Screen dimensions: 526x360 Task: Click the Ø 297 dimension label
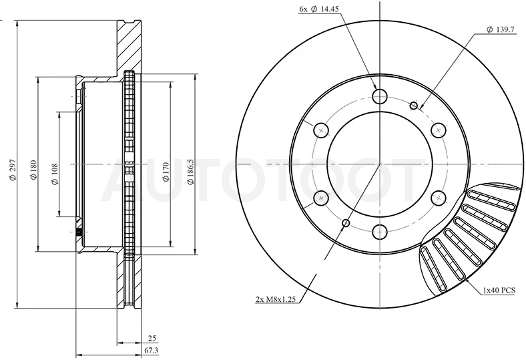(x=13, y=170)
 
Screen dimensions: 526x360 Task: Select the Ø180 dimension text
(x=33, y=170)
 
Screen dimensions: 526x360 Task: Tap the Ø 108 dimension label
(x=55, y=174)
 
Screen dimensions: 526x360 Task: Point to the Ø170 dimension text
(x=166, y=172)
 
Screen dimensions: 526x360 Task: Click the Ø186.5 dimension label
(x=190, y=172)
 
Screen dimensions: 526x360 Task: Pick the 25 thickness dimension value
(x=152, y=339)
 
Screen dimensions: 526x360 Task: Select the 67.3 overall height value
(x=151, y=351)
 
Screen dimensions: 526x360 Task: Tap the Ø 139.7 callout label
(x=500, y=29)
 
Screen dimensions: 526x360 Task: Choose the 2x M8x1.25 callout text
(x=276, y=299)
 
